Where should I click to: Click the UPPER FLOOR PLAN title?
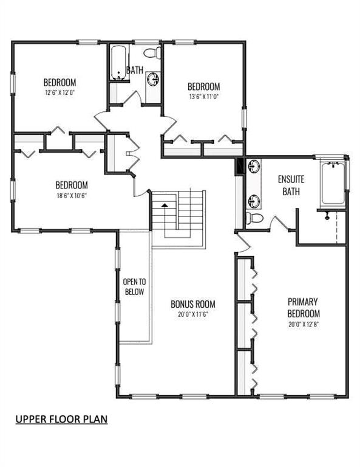click(61, 419)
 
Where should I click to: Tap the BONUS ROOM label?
click(192, 304)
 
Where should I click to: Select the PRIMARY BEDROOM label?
click(304, 308)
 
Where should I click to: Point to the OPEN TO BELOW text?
click(134, 286)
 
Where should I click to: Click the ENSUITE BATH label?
click(291, 185)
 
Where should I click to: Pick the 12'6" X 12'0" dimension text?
click(59, 92)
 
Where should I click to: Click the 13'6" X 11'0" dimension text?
click(204, 97)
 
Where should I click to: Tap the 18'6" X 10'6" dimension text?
click(72, 196)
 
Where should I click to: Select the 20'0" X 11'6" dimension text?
click(192, 314)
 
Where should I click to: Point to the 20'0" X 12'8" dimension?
click(304, 324)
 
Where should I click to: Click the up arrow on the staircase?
click(164, 205)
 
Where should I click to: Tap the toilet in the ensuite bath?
click(254, 218)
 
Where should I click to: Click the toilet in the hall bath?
click(152, 53)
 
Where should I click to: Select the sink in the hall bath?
click(154, 80)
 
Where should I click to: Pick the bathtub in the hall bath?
click(118, 63)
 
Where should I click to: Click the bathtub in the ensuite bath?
click(333, 184)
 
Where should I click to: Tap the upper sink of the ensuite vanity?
click(254, 166)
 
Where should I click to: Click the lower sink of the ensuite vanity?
click(254, 201)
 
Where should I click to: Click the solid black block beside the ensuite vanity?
click(239, 167)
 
